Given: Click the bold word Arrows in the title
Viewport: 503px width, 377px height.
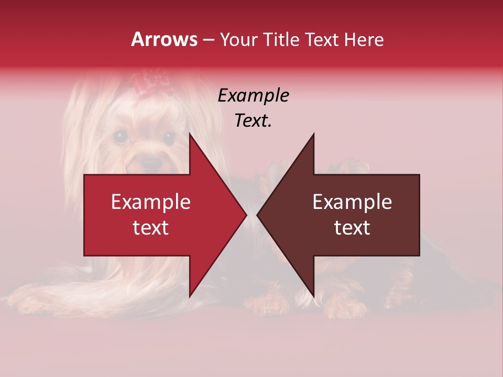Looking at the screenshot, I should (165, 39).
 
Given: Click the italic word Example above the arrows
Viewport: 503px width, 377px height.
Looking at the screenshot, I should (254, 95).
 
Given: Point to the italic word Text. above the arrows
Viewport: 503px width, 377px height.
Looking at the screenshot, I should (254, 120).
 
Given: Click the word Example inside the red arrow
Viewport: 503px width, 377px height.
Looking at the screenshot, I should (151, 202).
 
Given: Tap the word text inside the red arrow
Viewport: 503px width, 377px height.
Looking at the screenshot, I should (151, 227).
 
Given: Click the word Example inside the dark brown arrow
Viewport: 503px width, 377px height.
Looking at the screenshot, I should (352, 202).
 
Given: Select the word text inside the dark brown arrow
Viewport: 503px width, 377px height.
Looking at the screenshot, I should (352, 227).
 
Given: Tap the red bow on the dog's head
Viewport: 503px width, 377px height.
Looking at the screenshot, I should (152, 84).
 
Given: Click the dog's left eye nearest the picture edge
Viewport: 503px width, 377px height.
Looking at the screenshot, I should (122, 137).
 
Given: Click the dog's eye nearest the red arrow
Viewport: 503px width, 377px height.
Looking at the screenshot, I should (169, 138).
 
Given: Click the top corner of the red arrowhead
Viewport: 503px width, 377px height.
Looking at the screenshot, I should (190, 134).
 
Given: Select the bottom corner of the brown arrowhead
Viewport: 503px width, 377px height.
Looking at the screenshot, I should (313, 296).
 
